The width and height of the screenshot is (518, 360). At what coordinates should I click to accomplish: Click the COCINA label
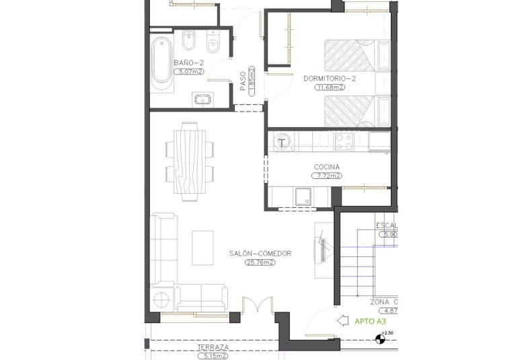326,167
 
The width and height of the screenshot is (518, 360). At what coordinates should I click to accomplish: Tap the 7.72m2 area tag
326,176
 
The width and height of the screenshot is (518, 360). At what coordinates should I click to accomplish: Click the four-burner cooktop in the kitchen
345,141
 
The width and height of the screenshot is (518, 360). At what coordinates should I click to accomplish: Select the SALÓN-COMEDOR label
260,254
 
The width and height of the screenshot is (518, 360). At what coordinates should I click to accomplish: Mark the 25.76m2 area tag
260,262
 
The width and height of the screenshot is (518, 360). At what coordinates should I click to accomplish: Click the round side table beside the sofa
163,300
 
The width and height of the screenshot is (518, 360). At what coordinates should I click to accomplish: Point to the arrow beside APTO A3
342,321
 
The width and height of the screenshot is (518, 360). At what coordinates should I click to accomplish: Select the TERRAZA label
213,347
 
